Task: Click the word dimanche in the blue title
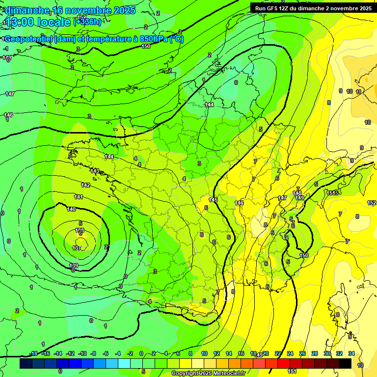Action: pyautogui.click(x=25, y=10)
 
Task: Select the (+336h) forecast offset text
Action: pyautogui.click(x=88, y=22)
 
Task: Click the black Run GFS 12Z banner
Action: pyautogui.click(x=313, y=8)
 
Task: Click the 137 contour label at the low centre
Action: pyautogui.click(x=77, y=248)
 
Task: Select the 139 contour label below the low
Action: pyautogui.click(x=74, y=266)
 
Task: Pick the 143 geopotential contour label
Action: pyautogui.click(x=95, y=171)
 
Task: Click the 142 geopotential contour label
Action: pyautogui.click(x=85, y=185)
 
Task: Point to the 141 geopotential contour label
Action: pyautogui.click(x=79, y=196)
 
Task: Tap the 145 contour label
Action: pyautogui.click(x=213, y=200)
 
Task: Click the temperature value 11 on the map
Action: pyautogui.click(x=359, y=92)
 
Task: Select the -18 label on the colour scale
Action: pyautogui.click(x=34, y=353)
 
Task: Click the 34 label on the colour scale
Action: pyautogui.click(x=351, y=353)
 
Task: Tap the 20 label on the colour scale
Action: pyautogui.click(x=266, y=353)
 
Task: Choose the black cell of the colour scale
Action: pyautogui.click(x=345, y=363)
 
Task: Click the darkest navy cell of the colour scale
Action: pyautogui.click(x=27, y=363)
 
